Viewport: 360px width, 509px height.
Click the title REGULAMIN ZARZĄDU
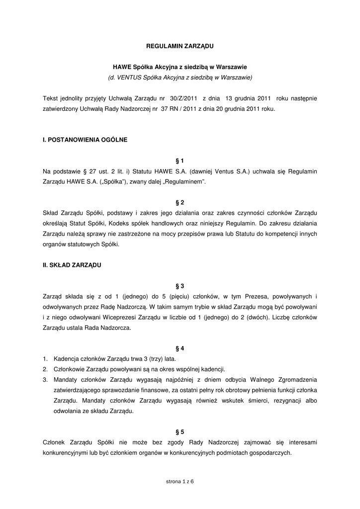click(x=180, y=46)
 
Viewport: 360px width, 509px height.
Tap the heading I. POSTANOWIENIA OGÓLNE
click(x=85, y=140)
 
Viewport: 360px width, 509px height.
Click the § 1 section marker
click(x=180, y=161)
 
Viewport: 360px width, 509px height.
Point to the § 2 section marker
click(x=180, y=203)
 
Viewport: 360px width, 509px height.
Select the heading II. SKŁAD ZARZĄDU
click(x=72, y=265)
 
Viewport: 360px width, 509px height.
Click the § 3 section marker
click(x=180, y=286)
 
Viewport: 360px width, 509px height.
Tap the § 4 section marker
click(x=180, y=348)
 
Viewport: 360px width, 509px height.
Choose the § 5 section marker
click(x=180, y=432)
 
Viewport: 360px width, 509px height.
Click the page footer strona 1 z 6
click(x=180, y=482)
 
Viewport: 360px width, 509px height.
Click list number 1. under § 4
click(x=45, y=359)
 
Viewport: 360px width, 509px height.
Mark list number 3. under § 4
click(x=45, y=380)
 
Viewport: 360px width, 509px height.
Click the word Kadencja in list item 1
click(x=66, y=359)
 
